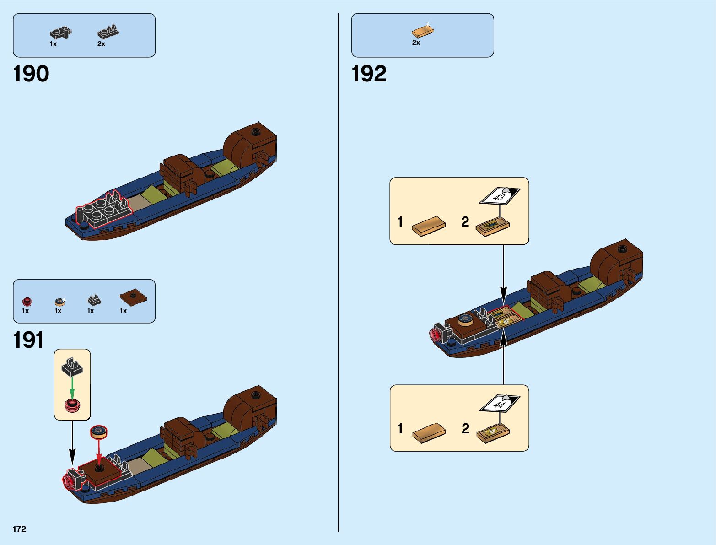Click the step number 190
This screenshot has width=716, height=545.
pos(31,74)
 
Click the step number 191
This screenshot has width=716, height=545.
pos(28,340)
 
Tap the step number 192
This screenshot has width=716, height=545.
pos(369,74)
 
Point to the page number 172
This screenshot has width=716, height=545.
pos(20,529)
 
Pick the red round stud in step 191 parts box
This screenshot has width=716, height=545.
pos(27,301)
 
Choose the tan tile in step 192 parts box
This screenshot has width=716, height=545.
pos(422,31)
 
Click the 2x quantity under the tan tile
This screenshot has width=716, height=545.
pos(416,43)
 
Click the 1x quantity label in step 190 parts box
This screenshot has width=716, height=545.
pos(54,44)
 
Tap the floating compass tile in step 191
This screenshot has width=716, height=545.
pos(99,431)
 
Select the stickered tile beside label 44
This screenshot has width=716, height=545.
pos(493,432)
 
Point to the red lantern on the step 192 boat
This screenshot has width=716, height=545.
pos(436,335)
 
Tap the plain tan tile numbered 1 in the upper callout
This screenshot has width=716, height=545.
pos(429,226)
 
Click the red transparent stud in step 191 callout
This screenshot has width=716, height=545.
pos(72,405)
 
